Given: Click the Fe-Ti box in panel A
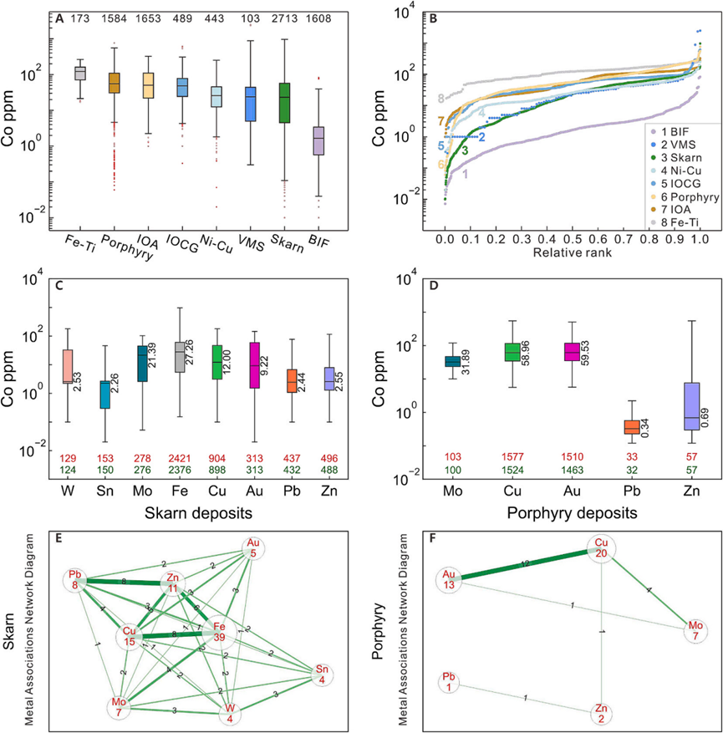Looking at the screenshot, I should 81,73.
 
